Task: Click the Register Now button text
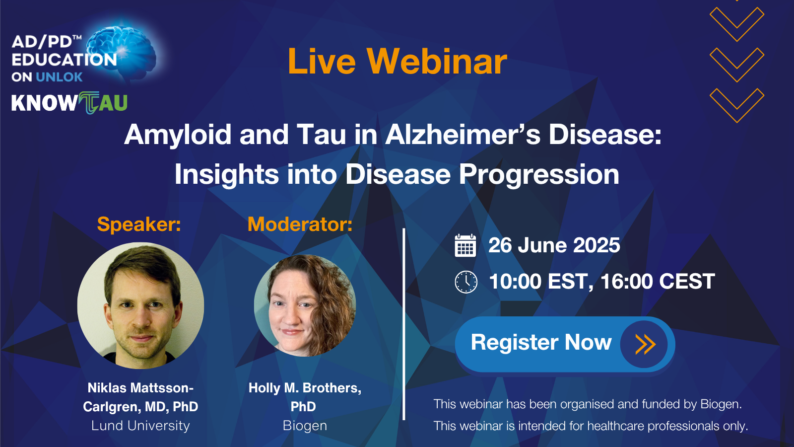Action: [541, 342]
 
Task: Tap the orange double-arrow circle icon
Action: [644, 344]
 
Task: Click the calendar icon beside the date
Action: [465, 245]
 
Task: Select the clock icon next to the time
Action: [466, 282]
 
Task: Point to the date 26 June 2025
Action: [554, 245]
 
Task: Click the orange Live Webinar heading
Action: [397, 62]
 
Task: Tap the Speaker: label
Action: [139, 224]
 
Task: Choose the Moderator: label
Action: [300, 224]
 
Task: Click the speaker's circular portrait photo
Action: [140, 305]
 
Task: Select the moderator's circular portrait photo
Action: [305, 305]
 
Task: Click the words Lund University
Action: [141, 425]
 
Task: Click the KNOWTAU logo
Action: [69, 103]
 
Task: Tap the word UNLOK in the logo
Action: [59, 77]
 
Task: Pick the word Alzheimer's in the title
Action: [463, 135]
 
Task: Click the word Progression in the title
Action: [539, 174]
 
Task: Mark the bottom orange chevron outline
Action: [737, 105]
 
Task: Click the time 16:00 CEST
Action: [658, 281]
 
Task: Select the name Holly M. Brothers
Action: [305, 388]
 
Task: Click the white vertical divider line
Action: [404, 324]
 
